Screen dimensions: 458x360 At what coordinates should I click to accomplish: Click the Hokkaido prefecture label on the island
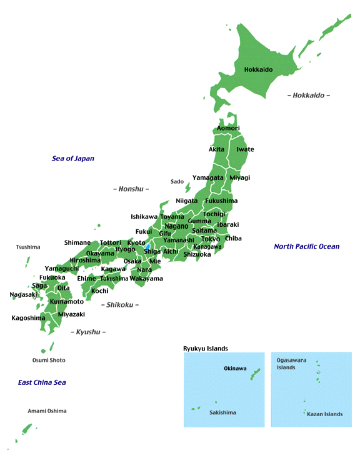pyautogui.click(x=258, y=69)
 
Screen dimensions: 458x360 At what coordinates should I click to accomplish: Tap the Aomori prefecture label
pyautogui.click(x=228, y=128)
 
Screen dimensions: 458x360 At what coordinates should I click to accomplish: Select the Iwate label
pyautogui.click(x=245, y=149)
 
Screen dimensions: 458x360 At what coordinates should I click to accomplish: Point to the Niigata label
pyautogui.click(x=186, y=201)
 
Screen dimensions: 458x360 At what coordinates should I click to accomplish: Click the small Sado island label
pyautogui.click(x=177, y=182)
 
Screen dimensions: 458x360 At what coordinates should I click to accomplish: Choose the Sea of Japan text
pyautogui.click(x=72, y=159)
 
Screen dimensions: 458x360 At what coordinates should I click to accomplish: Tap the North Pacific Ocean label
pyautogui.click(x=306, y=246)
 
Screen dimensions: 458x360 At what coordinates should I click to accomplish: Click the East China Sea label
pyautogui.click(x=42, y=382)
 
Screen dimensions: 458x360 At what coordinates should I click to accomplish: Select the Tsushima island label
pyautogui.click(x=28, y=247)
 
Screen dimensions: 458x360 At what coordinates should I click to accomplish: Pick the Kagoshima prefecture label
pyautogui.click(x=28, y=318)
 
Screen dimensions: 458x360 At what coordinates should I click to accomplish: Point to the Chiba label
pyautogui.click(x=233, y=238)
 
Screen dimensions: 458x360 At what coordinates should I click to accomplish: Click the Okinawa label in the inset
pyautogui.click(x=235, y=369)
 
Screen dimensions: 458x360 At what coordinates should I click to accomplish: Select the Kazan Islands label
pyautogui.click(x=325, y=414)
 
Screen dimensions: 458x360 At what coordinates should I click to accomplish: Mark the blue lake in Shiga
pyautogui.click(x=147, y=247)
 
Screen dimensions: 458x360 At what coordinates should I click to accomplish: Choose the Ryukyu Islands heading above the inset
pyautogui.click(x=206, y=348)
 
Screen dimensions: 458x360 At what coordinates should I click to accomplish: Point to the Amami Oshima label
pyautogui.click(x=47, y=411)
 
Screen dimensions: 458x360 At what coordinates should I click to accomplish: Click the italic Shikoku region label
pyautogui.click(x=119, y=305)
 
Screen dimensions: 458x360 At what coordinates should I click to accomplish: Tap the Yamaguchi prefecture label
pyautogui.click(x=61, y=269)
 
